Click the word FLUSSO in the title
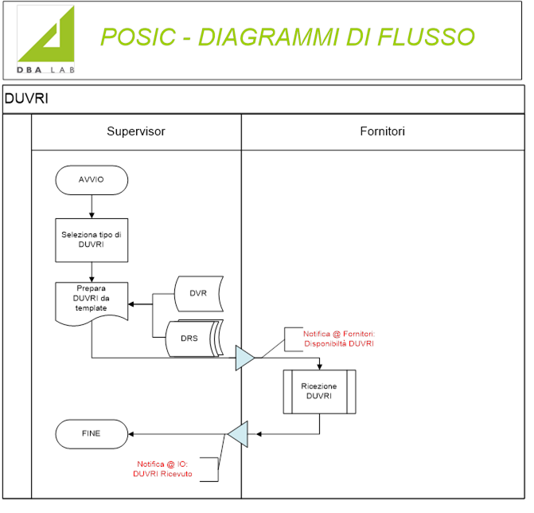[x=426, y=37]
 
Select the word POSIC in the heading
[x=138, y=37]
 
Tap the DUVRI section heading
[x=26, y=99]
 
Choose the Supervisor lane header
[x=136, y=131]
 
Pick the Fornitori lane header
[x=383, y=131]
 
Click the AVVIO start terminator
[x=92, y=180]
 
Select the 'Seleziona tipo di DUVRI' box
[x=92, y=240]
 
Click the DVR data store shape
[x=199, y=293]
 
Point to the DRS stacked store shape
[x=194, y=338]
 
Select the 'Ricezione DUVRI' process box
[x=319, y=392]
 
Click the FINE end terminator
[x=92, y=434]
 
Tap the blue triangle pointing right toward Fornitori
[x=244, y=358]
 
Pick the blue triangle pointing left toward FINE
[x=238, y=434]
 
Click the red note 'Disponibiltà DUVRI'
[x=339, y=343]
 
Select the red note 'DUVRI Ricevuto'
[x=162, y=474]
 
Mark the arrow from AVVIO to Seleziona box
[x=92, y=206]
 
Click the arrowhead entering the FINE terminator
[x=131, y=434]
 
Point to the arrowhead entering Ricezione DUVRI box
[x=319, y=367]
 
